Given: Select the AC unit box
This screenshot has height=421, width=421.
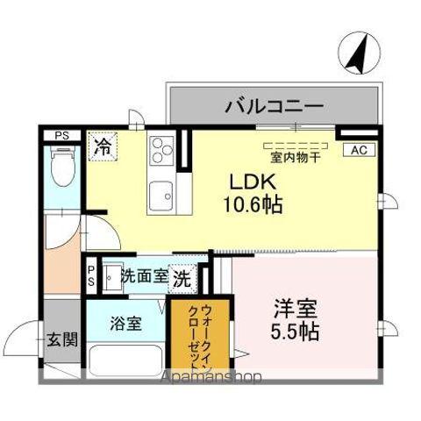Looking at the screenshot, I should click(x=358, y=150).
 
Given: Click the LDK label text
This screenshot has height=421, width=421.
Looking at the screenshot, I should click(x=254, y=182).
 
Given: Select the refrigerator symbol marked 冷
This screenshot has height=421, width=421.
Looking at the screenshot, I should click(x=103, y=145).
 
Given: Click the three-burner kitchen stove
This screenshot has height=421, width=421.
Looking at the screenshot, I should click(x=161, y=151).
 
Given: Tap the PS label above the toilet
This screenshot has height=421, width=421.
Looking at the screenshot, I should click(x=62, y=135).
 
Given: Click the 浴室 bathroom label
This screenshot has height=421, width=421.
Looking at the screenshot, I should click(x=125, y=323).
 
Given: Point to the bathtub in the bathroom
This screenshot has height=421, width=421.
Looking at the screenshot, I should click(x=125, y=360).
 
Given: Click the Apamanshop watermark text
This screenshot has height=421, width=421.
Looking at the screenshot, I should click(x=210, y=379).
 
